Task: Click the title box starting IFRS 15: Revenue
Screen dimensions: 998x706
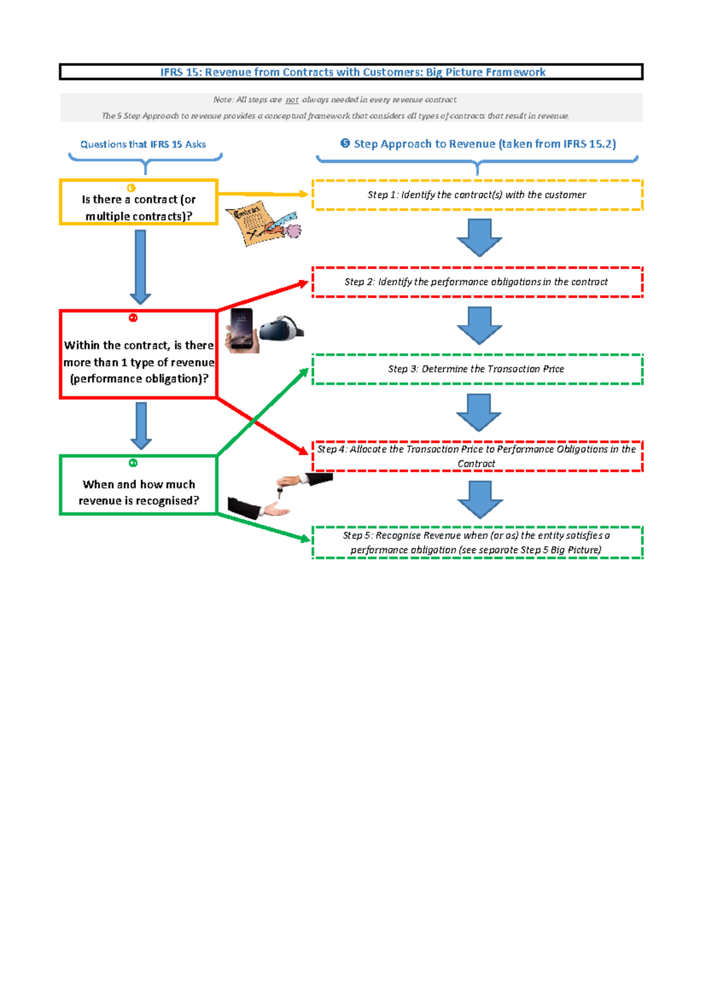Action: (x=351, y=72)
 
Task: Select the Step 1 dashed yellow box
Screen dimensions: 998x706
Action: (x=477, y=195)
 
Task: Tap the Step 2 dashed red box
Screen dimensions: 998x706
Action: (x=477, y=282)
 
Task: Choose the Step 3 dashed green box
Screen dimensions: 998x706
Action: (x=477, y=369)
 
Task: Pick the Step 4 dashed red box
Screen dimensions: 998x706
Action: (x=477, y=456)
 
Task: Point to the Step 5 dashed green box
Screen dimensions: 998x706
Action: (x=477, y=543)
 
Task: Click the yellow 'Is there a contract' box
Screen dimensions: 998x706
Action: (x=139, y=202)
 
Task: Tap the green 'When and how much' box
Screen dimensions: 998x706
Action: (x=139, y=485)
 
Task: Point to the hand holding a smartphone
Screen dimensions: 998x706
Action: (x=242, y=331)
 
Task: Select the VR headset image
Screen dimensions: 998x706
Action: (x=281, y=328)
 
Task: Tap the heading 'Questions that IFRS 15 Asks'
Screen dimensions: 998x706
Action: (x=143, y=144)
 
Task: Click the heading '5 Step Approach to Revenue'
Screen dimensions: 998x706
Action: (x=478, y=144)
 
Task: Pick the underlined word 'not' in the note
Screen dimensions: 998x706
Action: (x=292, y=100)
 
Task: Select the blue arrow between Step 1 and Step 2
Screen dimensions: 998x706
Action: (x=479, y=237)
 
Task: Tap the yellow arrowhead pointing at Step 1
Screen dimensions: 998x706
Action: (x=303, y=194)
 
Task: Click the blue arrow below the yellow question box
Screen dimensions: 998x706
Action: (x=141, y=266)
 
